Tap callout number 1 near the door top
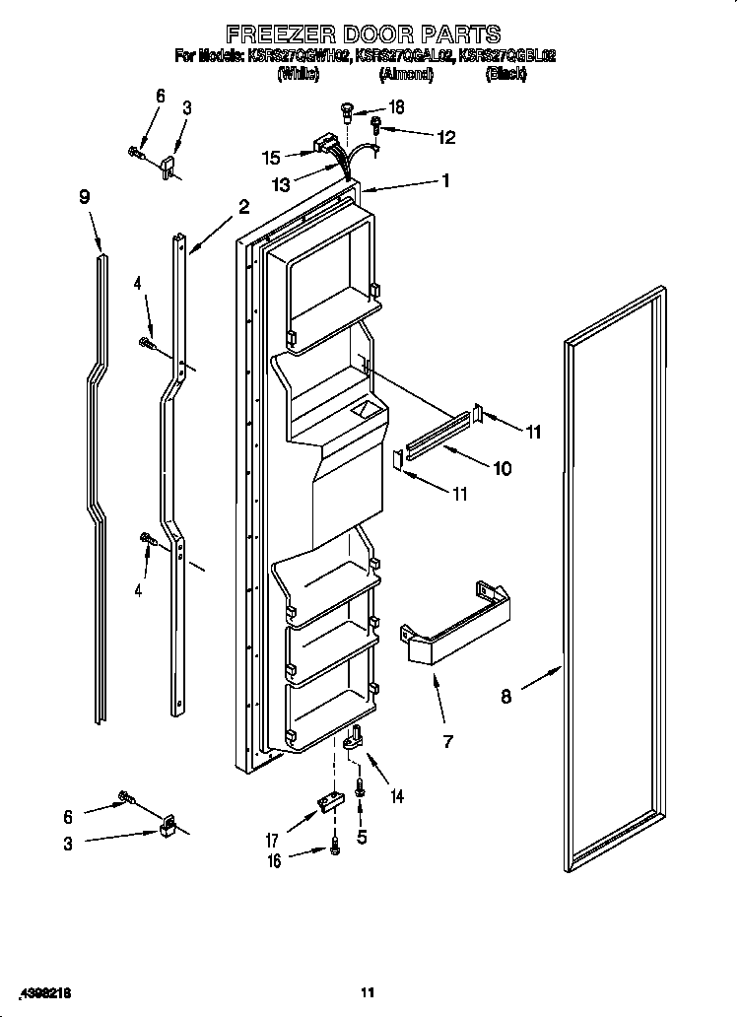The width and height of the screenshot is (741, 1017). [x=445, y=180]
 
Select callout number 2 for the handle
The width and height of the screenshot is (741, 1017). [x=243, y=207]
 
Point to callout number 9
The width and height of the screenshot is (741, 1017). [x=85, y=197]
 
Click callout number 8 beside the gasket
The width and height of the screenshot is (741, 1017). [x=505, y=697]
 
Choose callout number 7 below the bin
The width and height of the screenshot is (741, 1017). [x=447, y=741]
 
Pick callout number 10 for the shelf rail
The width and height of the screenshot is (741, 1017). [x=502, y=469]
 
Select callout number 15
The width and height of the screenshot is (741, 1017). [x=271, y=157]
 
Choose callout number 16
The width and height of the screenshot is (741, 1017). [x=274, y=861]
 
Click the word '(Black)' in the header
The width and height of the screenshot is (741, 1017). [x=505, y=73]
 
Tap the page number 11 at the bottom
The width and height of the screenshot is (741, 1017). [x=369, y=991]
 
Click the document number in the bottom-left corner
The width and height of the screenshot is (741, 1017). [x=46, y=991]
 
